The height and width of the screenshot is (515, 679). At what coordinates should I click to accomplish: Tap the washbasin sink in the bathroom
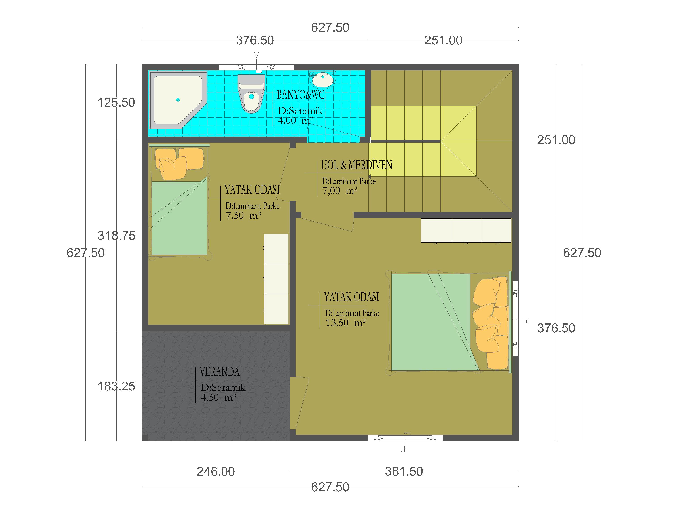click(322, 79)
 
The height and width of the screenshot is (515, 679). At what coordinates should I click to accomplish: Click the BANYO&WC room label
click(300, 95)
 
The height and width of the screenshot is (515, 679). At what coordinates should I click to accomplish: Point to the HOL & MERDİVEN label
click(356, 165)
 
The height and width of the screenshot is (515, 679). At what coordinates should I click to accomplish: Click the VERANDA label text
click(220, 372)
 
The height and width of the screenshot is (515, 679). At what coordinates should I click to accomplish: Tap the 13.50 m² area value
click(346, 323)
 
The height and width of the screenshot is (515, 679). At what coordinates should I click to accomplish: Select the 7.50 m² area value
click(243, 215)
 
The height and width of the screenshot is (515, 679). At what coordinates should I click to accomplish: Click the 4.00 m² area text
click(296, 120)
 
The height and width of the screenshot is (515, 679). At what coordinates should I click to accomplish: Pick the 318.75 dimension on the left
click(117, 236)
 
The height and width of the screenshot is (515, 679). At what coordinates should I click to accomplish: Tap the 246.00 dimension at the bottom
click(216, 471)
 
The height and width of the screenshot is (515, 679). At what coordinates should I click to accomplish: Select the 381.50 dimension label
click(404, 471)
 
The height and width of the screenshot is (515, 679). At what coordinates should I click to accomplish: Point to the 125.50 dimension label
click(116, 103)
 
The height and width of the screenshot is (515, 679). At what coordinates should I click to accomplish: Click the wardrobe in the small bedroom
click(276, 279)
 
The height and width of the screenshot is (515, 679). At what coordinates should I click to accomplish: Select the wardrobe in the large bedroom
click(466, 230)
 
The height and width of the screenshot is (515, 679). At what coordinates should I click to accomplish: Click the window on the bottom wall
click(406, 438)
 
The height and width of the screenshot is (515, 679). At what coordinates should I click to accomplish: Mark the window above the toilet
click(256, 67)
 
